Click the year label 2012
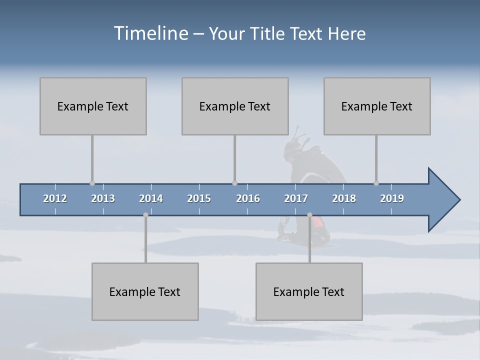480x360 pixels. pos(55,198)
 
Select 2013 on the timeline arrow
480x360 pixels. pos(103,198)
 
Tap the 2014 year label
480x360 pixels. pos(151,198)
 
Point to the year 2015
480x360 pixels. pos(199,198)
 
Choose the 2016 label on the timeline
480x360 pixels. pos(248,198)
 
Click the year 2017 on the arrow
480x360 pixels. pos(296,198)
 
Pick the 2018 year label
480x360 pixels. pos(344,198)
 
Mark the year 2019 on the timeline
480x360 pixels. pos(392,198)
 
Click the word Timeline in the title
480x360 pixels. pos(150,33)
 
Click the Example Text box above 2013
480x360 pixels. pos(93,106)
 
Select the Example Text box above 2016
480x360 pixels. pos(235,106)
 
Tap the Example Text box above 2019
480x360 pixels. pos(377,106)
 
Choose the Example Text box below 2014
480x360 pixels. pos(145,291)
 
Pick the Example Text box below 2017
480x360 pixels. pos(309,291)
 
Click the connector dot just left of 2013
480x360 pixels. pos(92,183)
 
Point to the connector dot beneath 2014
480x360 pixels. pos(145,215)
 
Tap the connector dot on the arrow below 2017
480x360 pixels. pos(309,215)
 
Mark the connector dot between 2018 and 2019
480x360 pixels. pos(376,183)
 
